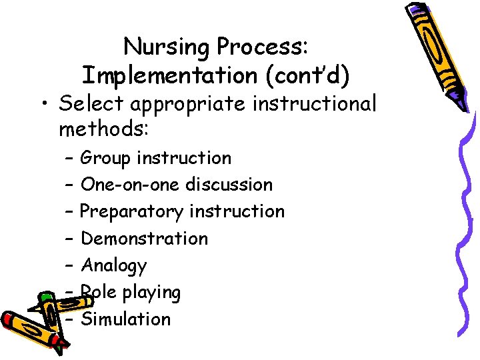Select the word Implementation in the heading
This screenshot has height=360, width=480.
pyautogui.click(x=171, y=76)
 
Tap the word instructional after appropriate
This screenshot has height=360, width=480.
pyautogui.click(x=319, y=104)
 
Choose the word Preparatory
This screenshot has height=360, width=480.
pyautogui.click(x=131, y=212)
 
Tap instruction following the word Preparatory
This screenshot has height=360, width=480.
pyautogui.click(x=237, y=211)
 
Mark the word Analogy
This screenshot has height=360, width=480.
pyautogui.click(x=113, y=266)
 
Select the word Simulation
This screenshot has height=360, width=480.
pyautogui.click(x=125, y=319)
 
